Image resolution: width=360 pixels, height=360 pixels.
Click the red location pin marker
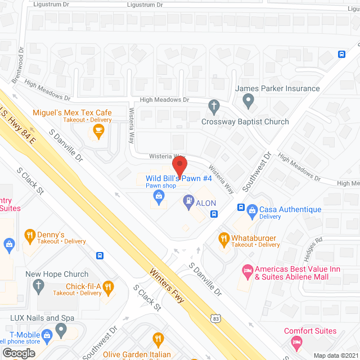(179, 166)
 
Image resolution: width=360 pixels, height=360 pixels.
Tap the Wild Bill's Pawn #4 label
(174, 179)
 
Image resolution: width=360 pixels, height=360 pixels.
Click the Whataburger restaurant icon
(223, 238)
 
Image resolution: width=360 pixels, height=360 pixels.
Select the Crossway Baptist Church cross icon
(213, 105)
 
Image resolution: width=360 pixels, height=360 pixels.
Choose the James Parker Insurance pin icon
(248, 102)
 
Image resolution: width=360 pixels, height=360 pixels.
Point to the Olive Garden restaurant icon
(158, 339)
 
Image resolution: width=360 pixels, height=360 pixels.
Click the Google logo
(19, 353)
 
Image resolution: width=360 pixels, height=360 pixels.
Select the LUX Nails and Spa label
(42, 318)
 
